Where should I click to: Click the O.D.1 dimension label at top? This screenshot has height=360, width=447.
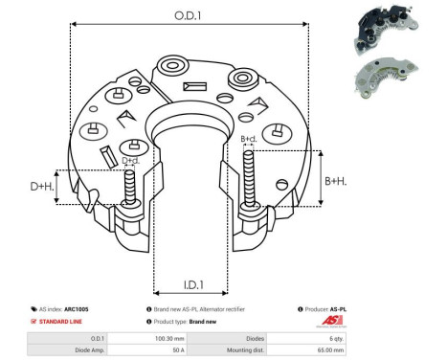click(x=188, y=14)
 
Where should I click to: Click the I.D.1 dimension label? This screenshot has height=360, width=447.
click(x=191, y=283)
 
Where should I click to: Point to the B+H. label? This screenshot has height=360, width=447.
click(x=336, y=180)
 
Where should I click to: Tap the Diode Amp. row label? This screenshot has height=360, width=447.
click(x=85, y=350)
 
